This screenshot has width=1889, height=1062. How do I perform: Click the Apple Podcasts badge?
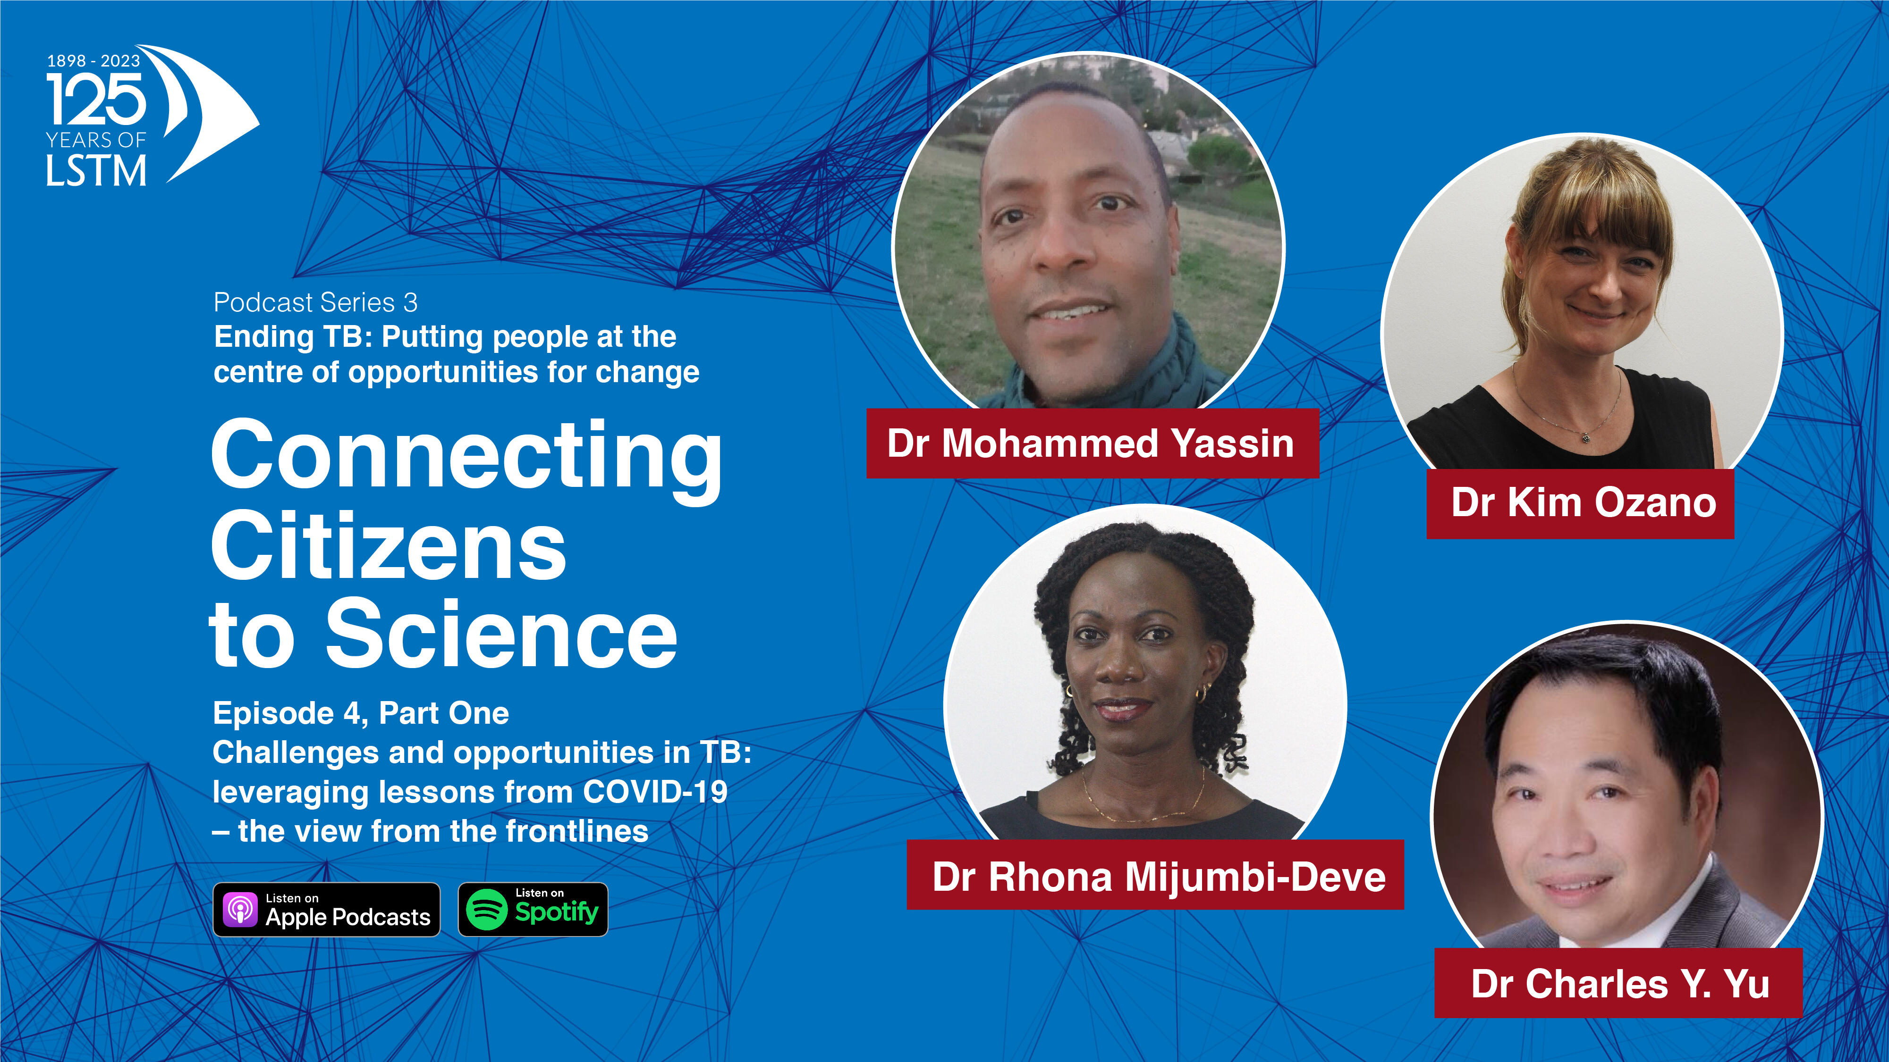326,910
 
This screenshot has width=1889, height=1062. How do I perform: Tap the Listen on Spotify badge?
533,910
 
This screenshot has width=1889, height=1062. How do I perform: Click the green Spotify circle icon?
487,910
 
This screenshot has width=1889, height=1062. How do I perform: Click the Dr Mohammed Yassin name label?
1093,443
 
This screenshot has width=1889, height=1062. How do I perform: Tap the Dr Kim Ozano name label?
1580,503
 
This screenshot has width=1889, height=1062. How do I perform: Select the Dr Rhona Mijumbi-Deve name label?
1156,875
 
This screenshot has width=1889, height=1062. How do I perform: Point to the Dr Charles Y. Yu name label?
1618,983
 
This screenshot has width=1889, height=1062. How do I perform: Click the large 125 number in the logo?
96,100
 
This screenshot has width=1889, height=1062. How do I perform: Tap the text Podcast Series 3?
315,302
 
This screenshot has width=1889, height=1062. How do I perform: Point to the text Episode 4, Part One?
361,713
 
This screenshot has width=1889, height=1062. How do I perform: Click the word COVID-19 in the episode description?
655,792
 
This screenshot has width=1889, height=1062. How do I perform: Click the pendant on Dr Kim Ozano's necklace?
1585,437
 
